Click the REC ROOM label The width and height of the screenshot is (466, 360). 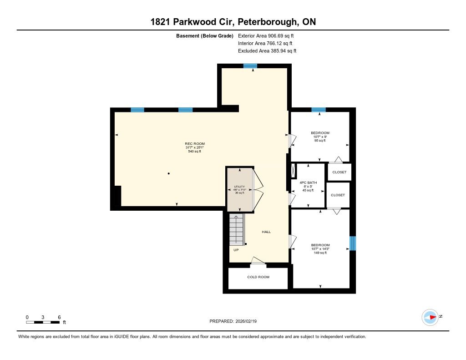tap(195, 143)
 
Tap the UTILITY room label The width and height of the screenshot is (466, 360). tap(239, 187)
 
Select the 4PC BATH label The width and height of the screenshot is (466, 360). tap(308, 183)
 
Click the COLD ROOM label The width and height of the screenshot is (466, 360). tap(258, 277)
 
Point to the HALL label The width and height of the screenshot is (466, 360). tap(266, 232)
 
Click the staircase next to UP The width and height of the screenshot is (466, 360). tap(237, 229)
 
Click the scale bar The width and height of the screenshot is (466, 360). tap(43, 322)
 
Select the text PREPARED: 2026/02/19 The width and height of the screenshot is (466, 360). tap(233, 321)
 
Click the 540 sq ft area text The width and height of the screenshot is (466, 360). tap(195, 151)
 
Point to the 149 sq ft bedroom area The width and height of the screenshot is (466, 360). tap(320, 253)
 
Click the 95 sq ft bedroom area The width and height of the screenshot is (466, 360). tap(320, 141)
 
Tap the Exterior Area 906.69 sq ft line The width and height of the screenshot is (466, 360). tap(266, 35)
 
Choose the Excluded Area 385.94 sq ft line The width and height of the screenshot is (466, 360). tap(267, 51)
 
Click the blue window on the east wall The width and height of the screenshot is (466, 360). tap(353, 243)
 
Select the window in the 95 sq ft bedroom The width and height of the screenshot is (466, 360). tap(318, 110)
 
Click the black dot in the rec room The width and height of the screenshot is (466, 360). tap(168, 173)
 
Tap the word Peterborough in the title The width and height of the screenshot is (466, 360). tap(267, 22)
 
